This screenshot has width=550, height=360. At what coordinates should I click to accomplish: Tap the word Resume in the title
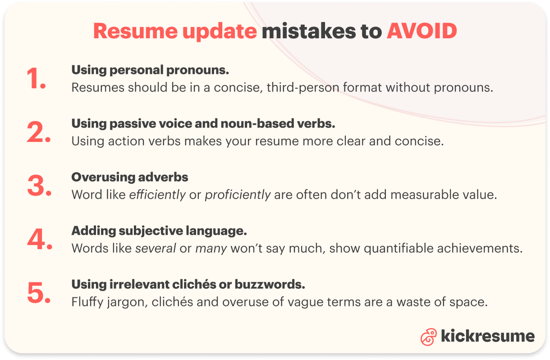[x=127, y=31]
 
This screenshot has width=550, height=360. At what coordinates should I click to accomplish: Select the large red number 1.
[x=36, y=79]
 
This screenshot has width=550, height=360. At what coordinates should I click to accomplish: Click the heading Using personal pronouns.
[x=150, y=70]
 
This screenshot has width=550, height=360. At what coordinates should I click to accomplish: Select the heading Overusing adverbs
[x=130, y=177]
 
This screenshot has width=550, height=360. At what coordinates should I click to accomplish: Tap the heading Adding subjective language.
[x=159, y=231]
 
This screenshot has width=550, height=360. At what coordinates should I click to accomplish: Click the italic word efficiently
[x=157, y=195]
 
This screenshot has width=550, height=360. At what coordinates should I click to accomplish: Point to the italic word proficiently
[x=238, y=195]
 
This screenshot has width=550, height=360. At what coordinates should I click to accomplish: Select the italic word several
[x=156, y=248]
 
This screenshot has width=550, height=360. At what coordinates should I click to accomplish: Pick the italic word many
[x=211, y=248]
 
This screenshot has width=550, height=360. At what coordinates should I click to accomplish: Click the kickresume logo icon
[x=428, y=336]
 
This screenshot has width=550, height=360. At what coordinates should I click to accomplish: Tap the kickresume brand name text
[x=487, y=336]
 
